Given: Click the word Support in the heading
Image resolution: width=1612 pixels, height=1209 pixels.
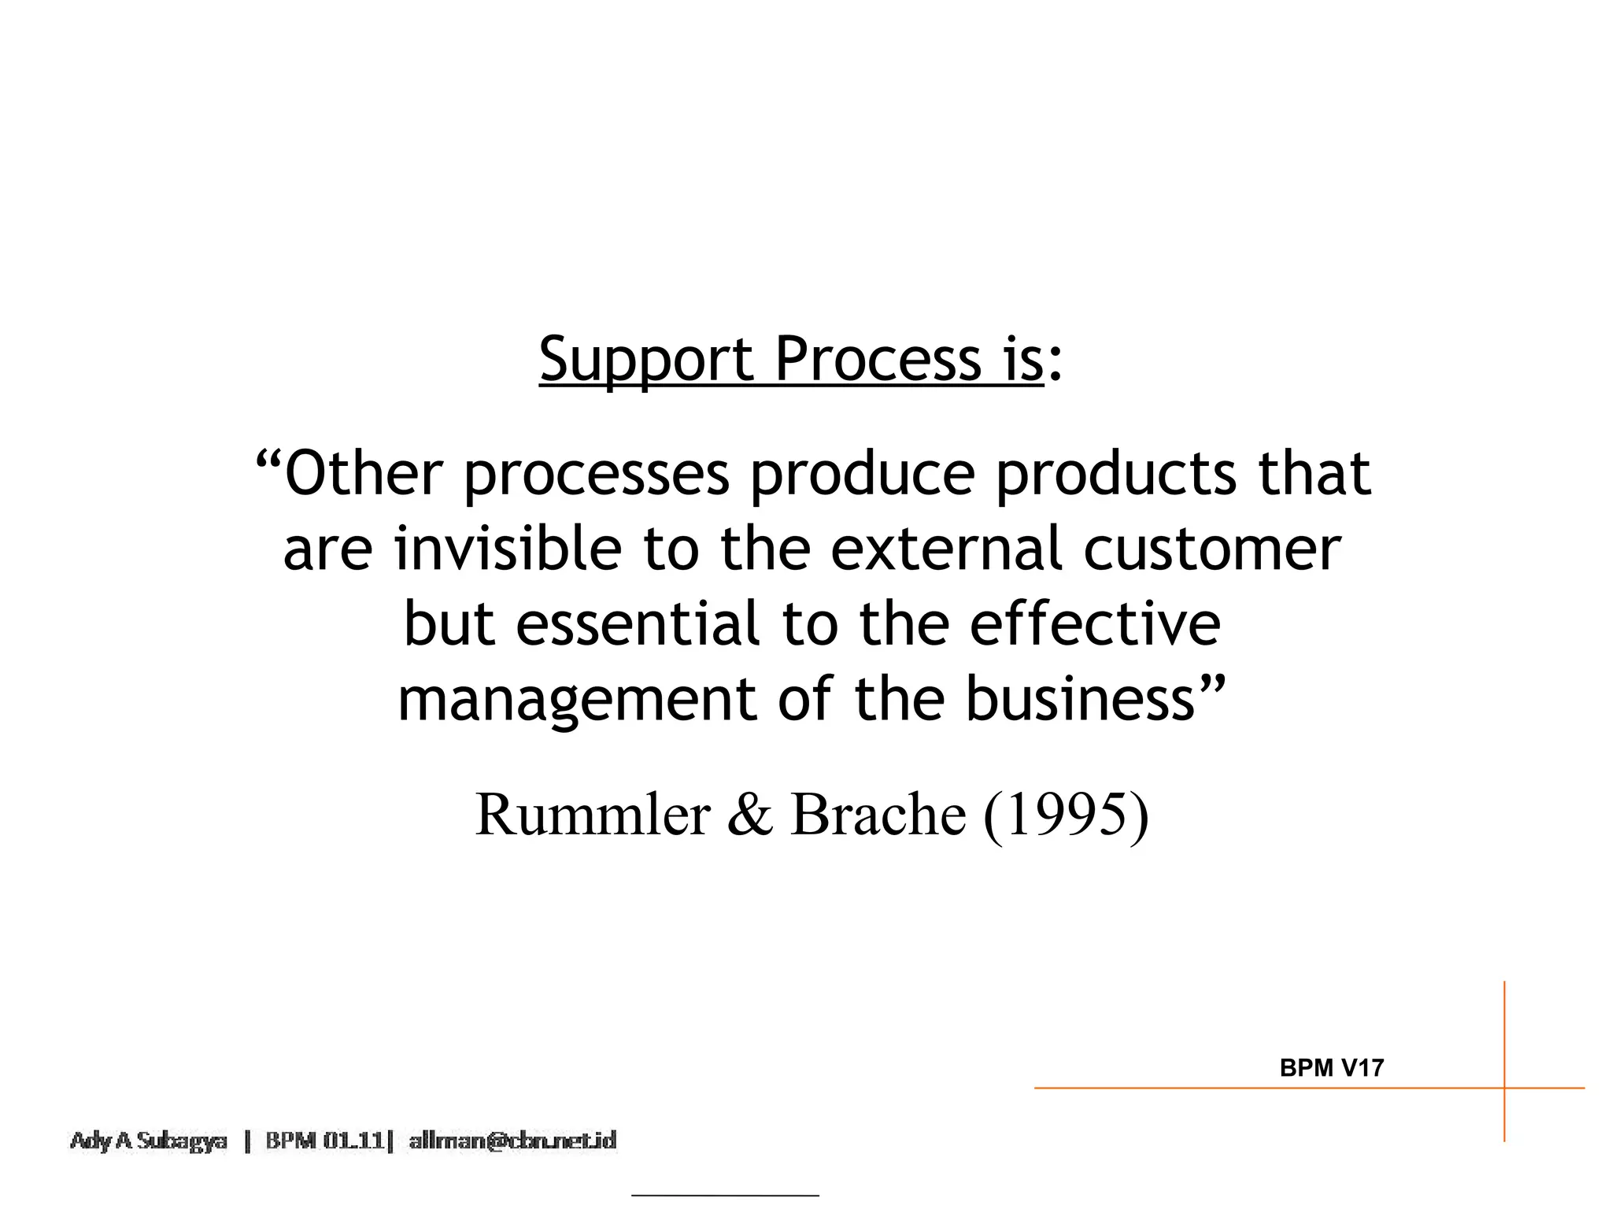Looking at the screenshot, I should pos(647,360).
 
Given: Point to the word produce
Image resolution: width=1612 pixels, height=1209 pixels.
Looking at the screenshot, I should pos(863,475).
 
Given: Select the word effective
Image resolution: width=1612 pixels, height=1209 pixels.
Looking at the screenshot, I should pos(1095,623).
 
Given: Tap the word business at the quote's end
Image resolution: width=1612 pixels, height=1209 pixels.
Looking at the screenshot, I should pos(1081,699).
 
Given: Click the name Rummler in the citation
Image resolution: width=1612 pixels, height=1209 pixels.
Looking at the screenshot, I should pos(593,815).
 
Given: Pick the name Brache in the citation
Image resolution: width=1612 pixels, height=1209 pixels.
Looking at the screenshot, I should pos(878,815).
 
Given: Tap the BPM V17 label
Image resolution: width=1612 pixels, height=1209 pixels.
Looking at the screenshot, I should pos(1332,1068).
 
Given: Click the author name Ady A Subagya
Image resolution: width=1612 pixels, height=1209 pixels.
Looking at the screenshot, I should pos(149,1141).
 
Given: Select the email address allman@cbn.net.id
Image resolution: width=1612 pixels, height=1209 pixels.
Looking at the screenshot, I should pos(512,1141).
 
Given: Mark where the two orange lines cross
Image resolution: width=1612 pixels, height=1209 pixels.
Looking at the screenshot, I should pos(1504,1089).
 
